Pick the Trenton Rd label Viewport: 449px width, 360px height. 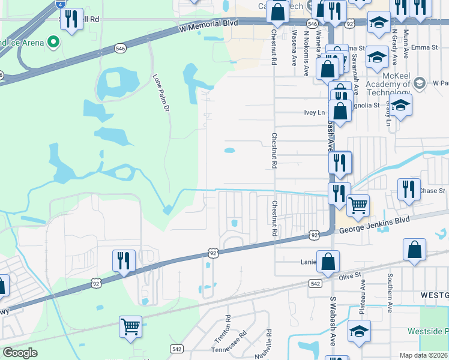(228, 325)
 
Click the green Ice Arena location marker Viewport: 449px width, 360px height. (53, 42)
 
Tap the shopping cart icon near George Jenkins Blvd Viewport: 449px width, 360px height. (358, 206)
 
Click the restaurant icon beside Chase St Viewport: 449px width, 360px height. (409, 189)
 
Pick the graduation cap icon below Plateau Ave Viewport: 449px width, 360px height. (359, 331)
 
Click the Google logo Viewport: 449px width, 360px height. (20, 353)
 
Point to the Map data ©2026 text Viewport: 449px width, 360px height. (424, 355)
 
